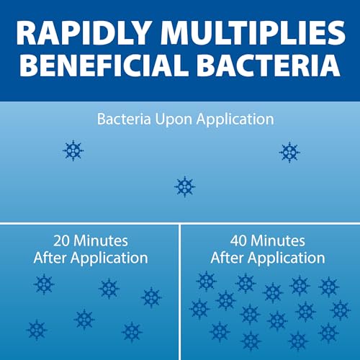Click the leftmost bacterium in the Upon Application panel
pos(73,150)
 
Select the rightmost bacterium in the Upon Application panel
pos(289,151)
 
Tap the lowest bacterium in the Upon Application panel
pos(184,186)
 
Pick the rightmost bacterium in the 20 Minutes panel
pos(151,297)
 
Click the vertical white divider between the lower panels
pos(179,288)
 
